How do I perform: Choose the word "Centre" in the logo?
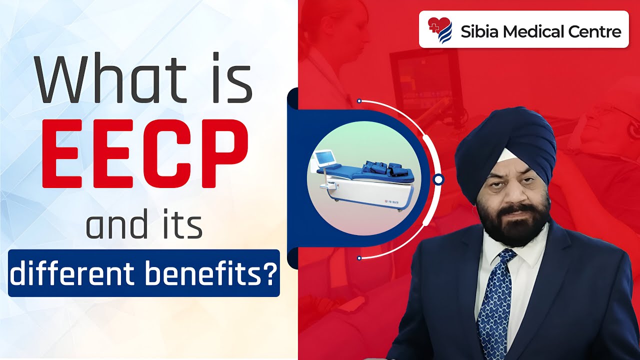596,31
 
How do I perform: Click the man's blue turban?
505,140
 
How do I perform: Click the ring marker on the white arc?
438,179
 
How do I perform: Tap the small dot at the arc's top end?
359,100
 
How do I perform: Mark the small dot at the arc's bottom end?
359,258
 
